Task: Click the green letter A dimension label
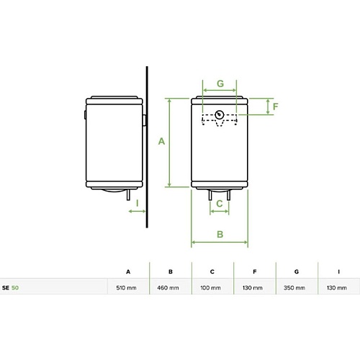(161, 141)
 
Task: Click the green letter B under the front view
(220, 234)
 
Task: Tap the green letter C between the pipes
(220, 204)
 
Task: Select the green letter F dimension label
(275, 107)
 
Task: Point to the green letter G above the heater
(220, 84)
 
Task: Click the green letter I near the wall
(138, 203)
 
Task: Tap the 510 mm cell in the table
(126, 287)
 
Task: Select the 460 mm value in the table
(168, 287)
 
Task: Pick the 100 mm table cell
(210, 287)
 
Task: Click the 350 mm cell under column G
(294, 287)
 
